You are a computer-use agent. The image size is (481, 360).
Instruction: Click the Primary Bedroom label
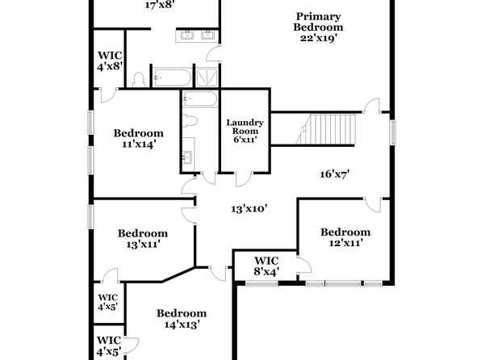[318, 22]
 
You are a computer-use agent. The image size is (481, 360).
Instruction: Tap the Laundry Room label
[245, 127]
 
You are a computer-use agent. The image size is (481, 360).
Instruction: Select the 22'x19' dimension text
[319, 38]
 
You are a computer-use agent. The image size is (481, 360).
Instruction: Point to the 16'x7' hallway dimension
[335, 174]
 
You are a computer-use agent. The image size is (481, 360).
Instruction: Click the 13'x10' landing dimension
[249, 209]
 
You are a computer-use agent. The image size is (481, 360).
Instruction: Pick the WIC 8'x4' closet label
[266, 266]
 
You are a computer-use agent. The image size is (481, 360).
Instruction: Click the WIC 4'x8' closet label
[110, 61]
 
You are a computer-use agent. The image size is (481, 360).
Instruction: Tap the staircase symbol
[326, 129]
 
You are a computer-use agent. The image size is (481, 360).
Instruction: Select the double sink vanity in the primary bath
[197, 36]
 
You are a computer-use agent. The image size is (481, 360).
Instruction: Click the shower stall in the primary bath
[207, 77]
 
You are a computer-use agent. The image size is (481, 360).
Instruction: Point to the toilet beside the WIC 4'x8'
[139, 79]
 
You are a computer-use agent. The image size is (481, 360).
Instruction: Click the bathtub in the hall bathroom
[200, 98]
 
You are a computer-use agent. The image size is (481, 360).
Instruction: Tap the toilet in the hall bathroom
[190, 120]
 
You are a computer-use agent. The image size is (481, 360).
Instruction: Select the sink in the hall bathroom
[187, 157]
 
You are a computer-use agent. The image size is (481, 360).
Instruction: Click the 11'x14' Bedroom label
[139, 138]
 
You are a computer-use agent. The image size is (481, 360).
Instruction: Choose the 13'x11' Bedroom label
[143, 238]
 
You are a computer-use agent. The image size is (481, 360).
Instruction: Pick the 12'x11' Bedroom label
[345, 237]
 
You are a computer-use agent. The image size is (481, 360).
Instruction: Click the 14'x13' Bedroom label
[182, 319]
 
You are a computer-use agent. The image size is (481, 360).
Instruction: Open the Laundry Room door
[244, 179]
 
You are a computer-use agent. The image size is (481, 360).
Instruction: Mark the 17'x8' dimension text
[160, 5]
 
